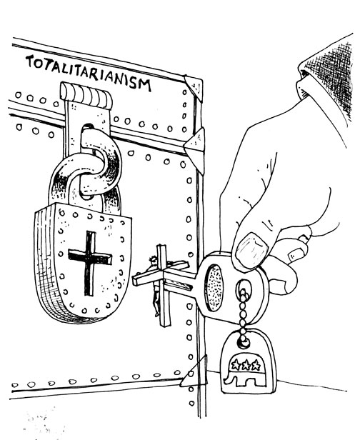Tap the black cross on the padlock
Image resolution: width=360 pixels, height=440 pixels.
(89, 262)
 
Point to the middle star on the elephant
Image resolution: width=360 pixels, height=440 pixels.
(246, 366)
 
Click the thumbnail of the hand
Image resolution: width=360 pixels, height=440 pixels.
(251, 251)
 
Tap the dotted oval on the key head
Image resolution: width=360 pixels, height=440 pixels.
(214, 287)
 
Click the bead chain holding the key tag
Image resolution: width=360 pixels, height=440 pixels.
(243, 311)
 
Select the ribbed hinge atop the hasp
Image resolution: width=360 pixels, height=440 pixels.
(86, 95)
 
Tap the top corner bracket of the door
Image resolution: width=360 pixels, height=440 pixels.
(194, 86)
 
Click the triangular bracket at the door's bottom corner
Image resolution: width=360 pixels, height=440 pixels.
(194, 373)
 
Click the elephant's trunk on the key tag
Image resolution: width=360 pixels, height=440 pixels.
(227, 379)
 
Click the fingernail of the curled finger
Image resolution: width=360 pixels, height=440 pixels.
(296, 254)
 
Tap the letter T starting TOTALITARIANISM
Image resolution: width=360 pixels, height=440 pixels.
(30, 61)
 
